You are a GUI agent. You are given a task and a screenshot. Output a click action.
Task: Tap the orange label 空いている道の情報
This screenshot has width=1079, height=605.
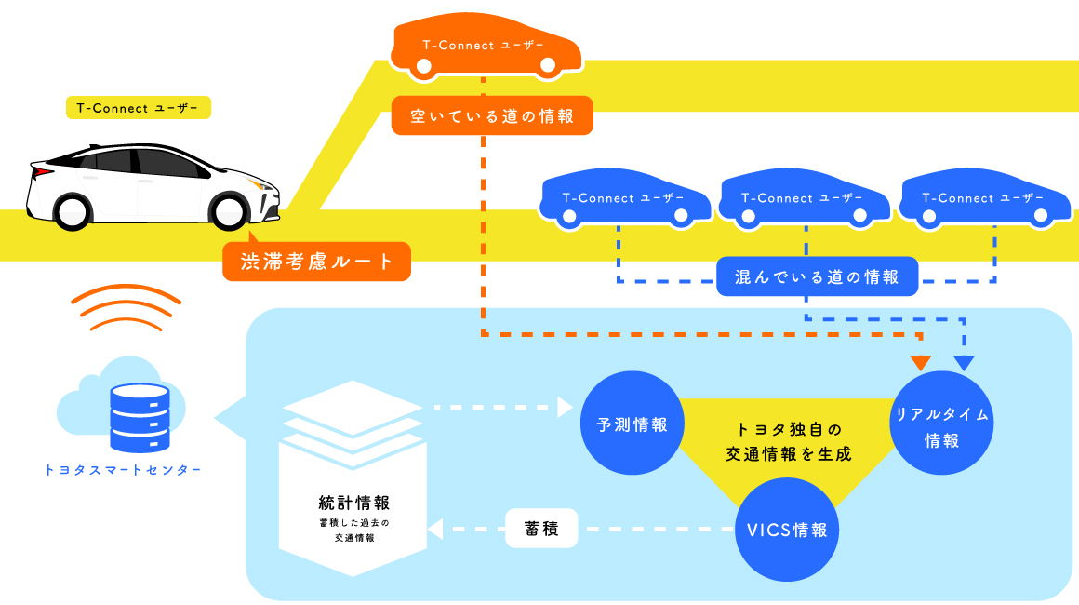491,116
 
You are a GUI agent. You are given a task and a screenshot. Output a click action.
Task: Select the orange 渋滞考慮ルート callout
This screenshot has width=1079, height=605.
317,262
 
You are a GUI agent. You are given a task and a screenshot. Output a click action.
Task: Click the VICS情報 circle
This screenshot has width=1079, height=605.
787,531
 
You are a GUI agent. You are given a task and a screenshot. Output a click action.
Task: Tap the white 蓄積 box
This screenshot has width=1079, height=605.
541,529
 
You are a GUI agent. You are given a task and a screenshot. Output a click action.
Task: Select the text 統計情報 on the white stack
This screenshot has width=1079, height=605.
353,504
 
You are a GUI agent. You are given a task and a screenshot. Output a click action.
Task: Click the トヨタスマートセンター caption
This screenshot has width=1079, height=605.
123,470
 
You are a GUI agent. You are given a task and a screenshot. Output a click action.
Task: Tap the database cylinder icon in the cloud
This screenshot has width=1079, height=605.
140,417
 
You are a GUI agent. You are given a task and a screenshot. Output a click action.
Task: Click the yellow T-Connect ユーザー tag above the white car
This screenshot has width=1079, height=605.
138,108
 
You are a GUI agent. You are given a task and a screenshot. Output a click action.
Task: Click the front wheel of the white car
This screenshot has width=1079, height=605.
228,210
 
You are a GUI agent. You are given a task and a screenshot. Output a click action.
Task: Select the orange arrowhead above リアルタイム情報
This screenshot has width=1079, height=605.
921,362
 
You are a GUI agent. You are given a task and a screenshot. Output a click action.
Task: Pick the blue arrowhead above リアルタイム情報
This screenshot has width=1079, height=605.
964,362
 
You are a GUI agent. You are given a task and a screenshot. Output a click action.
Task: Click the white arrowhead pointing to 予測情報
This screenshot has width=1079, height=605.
564,407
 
